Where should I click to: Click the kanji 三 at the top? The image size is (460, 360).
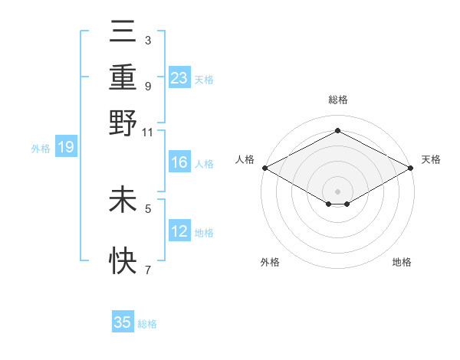[x=123, y=33]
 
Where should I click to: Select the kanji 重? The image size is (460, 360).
[x=123, y=77]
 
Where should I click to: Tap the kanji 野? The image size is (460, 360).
[x=123, y=123]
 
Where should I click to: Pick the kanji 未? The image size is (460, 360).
[x=123, y=200]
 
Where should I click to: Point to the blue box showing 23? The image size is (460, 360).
[x=179, y=78]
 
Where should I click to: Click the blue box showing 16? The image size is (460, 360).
[x=179, y=162]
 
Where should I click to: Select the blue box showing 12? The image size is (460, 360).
[x=179, y=231]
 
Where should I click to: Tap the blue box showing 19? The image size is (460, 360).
[x=65, y=148]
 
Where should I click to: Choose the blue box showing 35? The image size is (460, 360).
[x=123, y=322]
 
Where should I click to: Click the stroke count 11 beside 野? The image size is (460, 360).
[x=148, y=133]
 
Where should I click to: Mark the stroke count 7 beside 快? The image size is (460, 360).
[x=148, y=270]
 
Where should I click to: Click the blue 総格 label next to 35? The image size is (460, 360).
[x=147, y=324]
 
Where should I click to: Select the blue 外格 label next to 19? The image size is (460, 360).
[x=41, y=149]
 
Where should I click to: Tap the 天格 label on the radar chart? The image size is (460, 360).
[x=431, y=159]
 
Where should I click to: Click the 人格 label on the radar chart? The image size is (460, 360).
[x=245, y=159]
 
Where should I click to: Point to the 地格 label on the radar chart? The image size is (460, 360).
[x=402, y=262]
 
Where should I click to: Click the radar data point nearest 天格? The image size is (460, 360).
[x=411, y=168]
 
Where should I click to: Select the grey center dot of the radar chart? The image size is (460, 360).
[x=337, y=191]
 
